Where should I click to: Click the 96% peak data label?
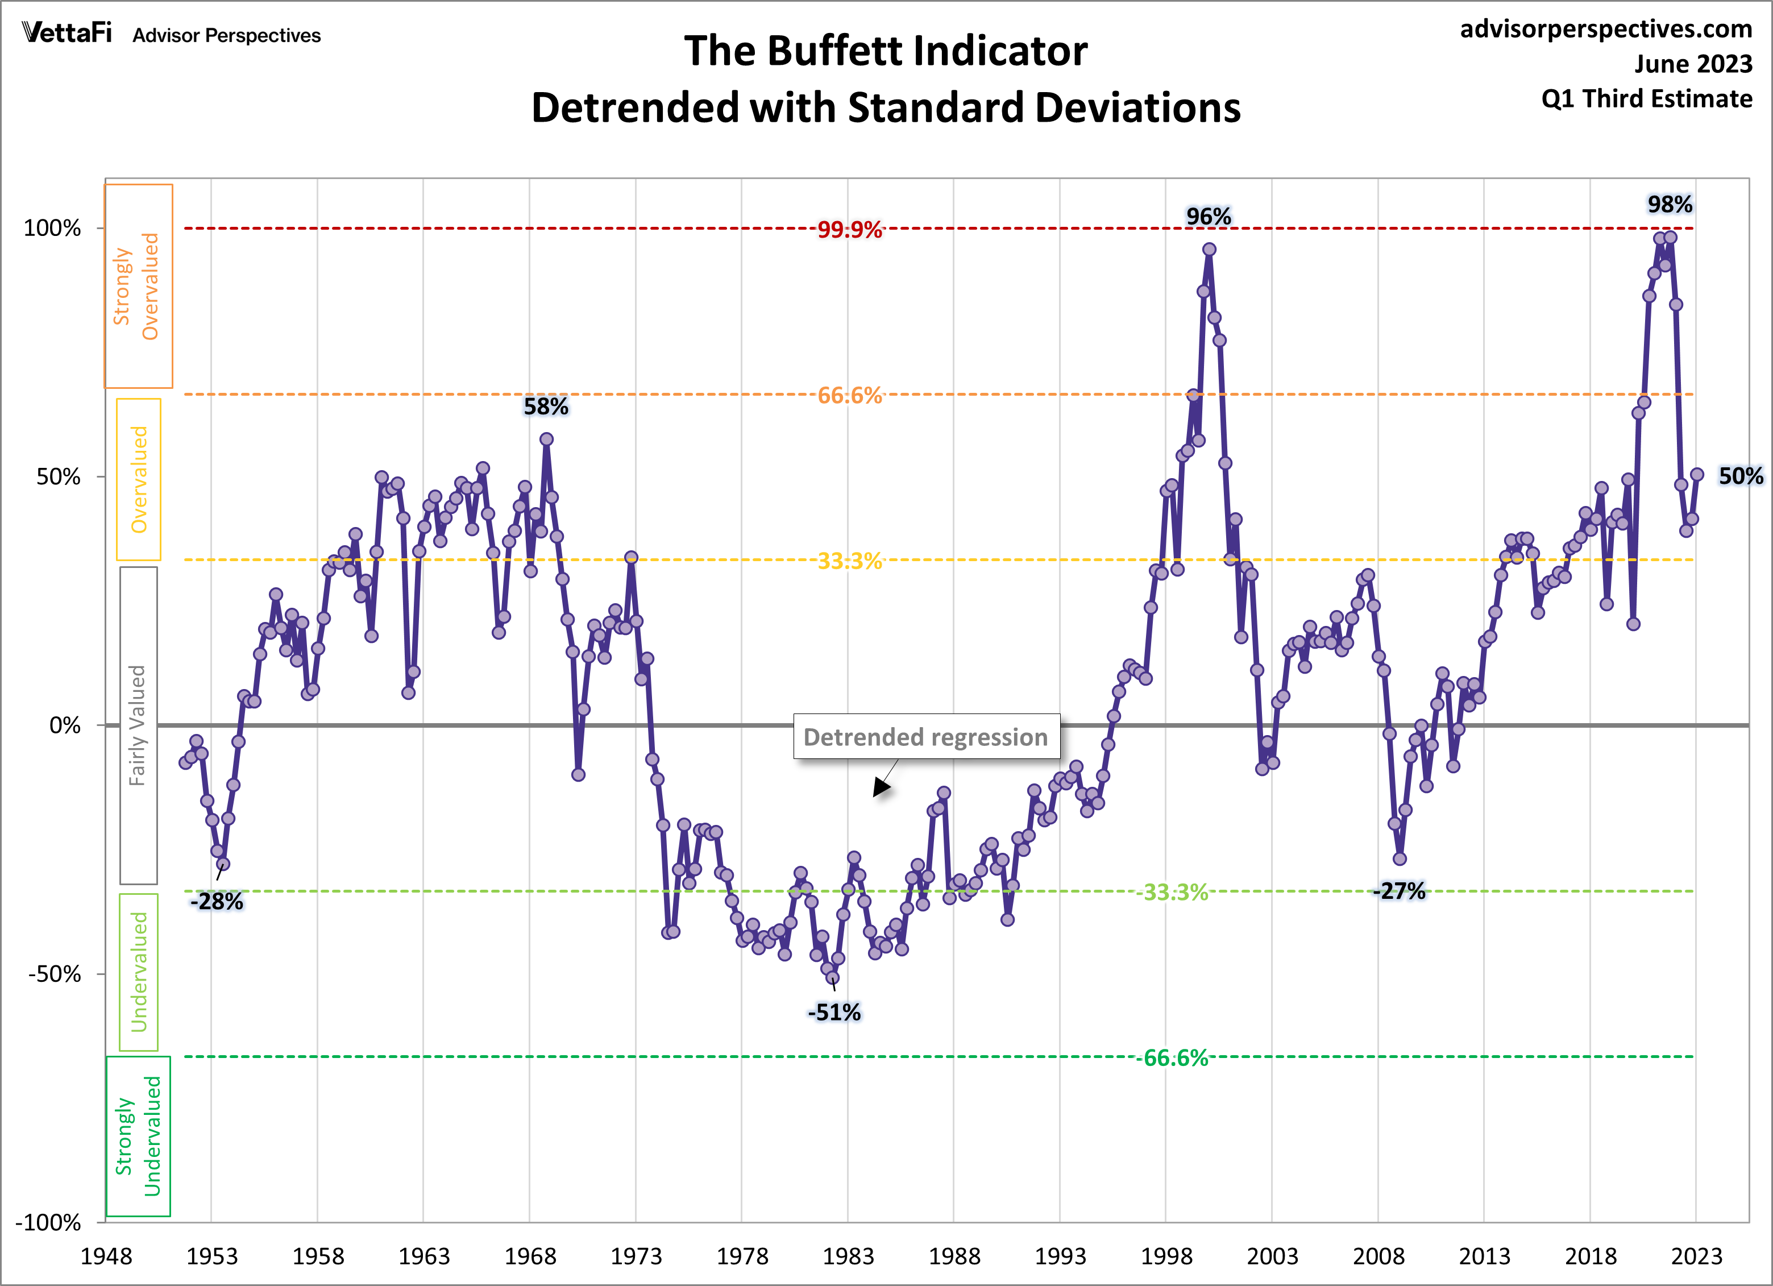pyautogui.click(x=1208, y=217)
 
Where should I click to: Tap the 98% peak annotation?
pyautogui.click(x=1670, y=205)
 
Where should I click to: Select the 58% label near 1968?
pyautogui.click(x=546, y=406)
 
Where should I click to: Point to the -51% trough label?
pyautogui.click(x=834, y=1013)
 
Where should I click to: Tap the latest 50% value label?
pyautogui.click(x=1740, y=476)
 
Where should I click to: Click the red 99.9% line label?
pyautogui.click(x=850, y=230)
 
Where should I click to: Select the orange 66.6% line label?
pyautogui.click(x=850, y=396)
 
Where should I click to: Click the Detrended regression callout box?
pyautogui.click(x=927, y=736)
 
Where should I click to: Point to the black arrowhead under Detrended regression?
pyautogui.click(x=881, y=788)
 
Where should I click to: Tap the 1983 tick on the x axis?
pyautogui.click(x=848, y=1256)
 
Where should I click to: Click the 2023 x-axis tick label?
pyautogui.click(x=1696, y=1256)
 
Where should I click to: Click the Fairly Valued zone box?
pyautogui.click(x=138, y=725)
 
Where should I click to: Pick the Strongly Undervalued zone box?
pyautogui.click(x=138, y=1136)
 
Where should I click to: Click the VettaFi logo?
pyautogui.click(x=67, y=33)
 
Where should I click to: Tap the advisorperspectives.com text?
pyautogui.click(x=1606, y=29)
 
